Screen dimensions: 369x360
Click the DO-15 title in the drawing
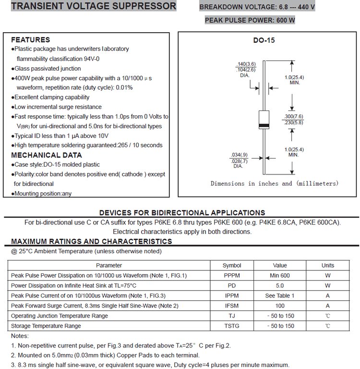[264, 41]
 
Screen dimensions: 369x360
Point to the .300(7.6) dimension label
[293, 117]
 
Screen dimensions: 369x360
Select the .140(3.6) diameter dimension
[246, 64]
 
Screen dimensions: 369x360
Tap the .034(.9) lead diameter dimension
[240, 154]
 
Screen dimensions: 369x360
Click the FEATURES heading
[30, 40]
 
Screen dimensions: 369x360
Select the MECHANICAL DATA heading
[46, 155]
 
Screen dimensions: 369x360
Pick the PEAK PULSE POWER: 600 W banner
[250, 20]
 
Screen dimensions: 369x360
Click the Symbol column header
[232, 265]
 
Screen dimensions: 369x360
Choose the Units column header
[328, 265]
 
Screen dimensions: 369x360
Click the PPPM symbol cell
[232, 275]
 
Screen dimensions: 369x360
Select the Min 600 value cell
[280, 275]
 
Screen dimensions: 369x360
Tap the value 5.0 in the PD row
[280, 285]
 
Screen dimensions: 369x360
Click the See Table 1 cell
[280, 295]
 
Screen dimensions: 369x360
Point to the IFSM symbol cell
[232, 306]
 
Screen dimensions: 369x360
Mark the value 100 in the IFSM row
[280, 306]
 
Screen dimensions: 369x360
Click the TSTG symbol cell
[232, 326]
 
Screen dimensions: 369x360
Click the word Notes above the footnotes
[20, 336]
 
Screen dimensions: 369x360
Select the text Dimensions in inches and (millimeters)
[274, 184]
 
